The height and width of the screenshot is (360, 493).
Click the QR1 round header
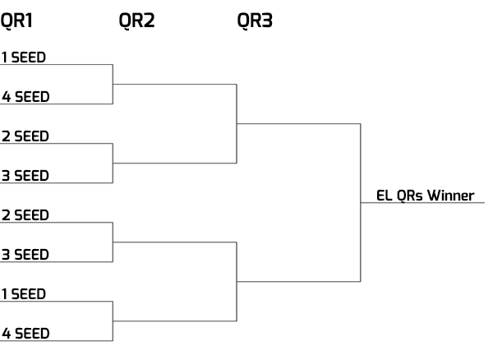(x=17, y=21)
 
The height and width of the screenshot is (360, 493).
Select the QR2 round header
(x=136, y=21)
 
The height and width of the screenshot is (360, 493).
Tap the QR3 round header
(x=255, y=21)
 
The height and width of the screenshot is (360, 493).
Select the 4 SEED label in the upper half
(x=25, y=97)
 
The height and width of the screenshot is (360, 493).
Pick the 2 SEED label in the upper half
(x=25, y=136)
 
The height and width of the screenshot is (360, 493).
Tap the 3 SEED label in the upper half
(x=25, y=176)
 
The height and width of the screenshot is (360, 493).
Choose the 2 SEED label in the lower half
(x=25, y=215)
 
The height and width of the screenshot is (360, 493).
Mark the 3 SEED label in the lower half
(x=25, y=255)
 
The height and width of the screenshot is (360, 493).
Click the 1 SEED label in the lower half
(x=25, y=294)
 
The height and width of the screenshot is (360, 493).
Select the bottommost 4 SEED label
(x=25, y=334)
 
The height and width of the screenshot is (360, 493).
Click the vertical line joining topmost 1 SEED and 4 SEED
(x=113, y=84)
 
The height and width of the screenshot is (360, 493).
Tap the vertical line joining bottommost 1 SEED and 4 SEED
(x=113, y=321)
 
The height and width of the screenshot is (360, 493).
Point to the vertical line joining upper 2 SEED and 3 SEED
(x=113, y=163)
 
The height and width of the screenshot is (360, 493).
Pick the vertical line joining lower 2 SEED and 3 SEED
(x=113, y=242)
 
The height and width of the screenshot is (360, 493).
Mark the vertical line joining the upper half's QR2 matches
(x=237, y=123)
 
